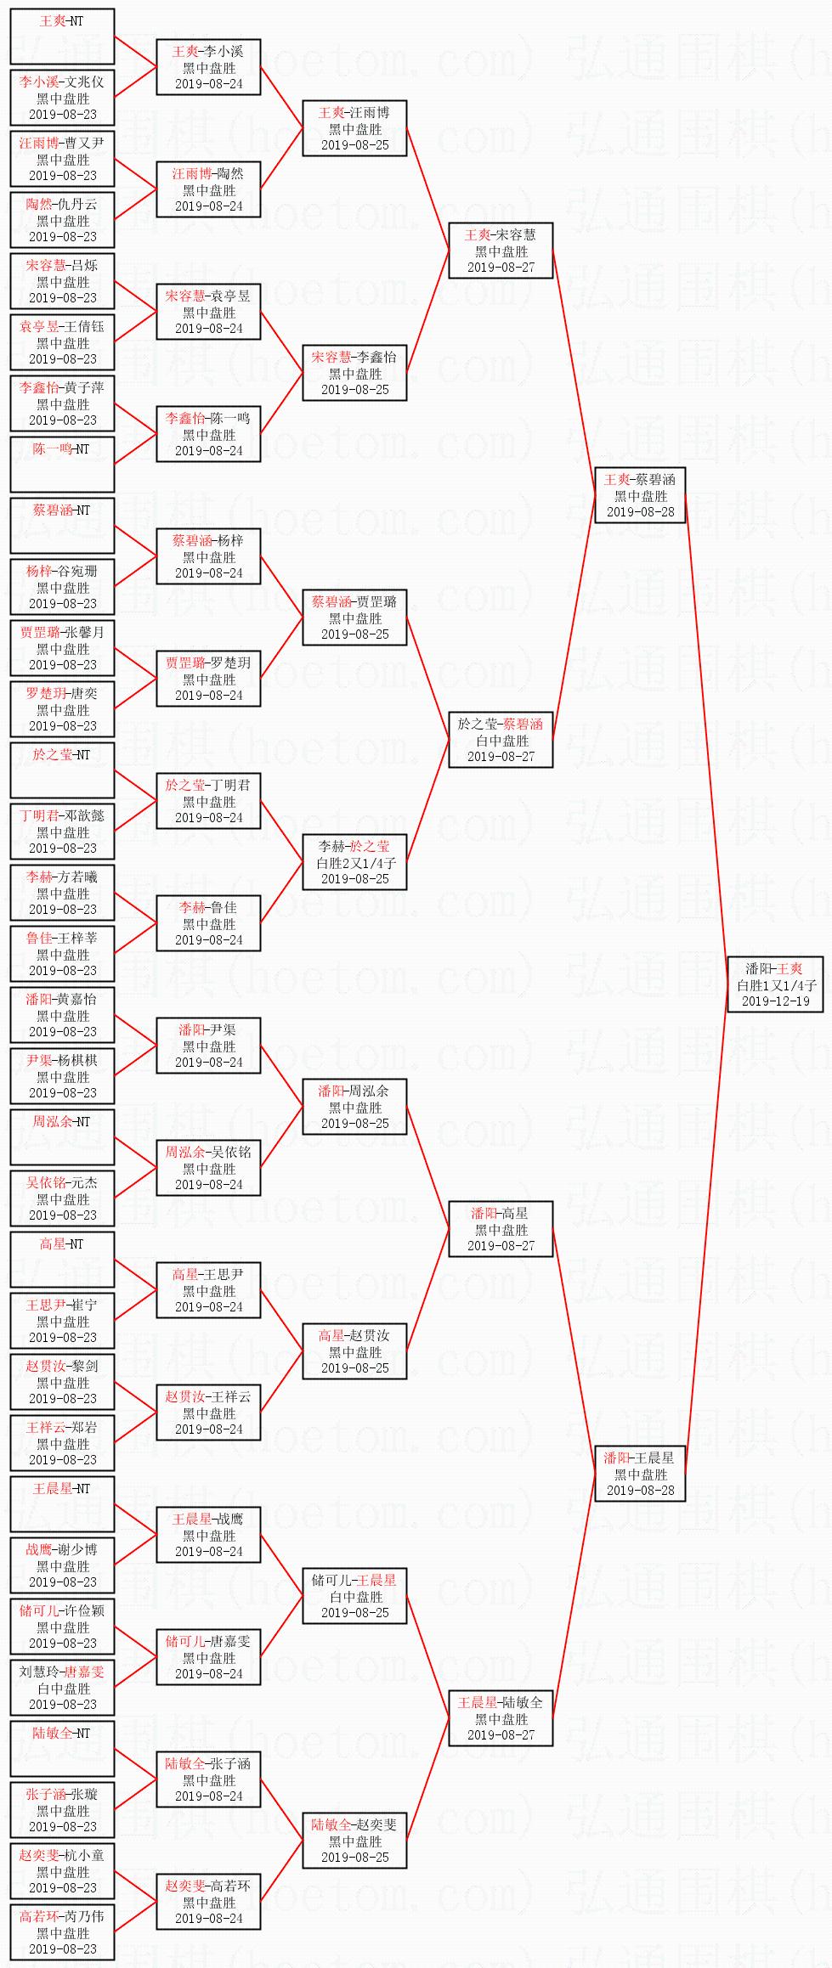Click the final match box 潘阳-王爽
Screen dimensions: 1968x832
[x=775, y=984]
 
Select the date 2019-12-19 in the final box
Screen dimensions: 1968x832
[x=775, y=1001]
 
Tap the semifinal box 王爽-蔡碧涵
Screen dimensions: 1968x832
[x=640, y=495]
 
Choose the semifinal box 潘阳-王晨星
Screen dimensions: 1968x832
[x=640, y=1474]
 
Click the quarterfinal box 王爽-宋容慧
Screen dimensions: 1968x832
[x=501, y=251]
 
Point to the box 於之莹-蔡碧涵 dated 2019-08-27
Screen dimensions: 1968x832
[x=501, y=740]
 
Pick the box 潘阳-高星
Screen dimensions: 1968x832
[x=501, y=1229]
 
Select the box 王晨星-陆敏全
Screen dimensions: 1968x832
[x=501, y=1718]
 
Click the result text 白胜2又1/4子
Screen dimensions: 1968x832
[x=355, y=863]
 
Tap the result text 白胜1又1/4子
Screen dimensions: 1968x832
[x=775, y=985]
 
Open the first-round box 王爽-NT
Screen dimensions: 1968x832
[x=62, y=37]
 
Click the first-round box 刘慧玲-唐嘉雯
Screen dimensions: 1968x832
[x=62, y=1688]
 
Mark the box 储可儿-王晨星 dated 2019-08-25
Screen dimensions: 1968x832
[x=354, y=1596]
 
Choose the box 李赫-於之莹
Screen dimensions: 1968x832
[x=354, y=862]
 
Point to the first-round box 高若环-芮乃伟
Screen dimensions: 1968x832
[x=62, y=1932]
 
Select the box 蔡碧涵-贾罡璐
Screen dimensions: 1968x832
[x=354, y=617]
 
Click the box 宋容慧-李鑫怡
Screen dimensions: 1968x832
[x=354, y=373]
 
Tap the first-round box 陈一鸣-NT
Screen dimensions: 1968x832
[x=62, y=465]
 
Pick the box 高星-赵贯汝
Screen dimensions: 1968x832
[x=354, y=1351]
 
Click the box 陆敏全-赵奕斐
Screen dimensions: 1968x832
[x=354, y=1841]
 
